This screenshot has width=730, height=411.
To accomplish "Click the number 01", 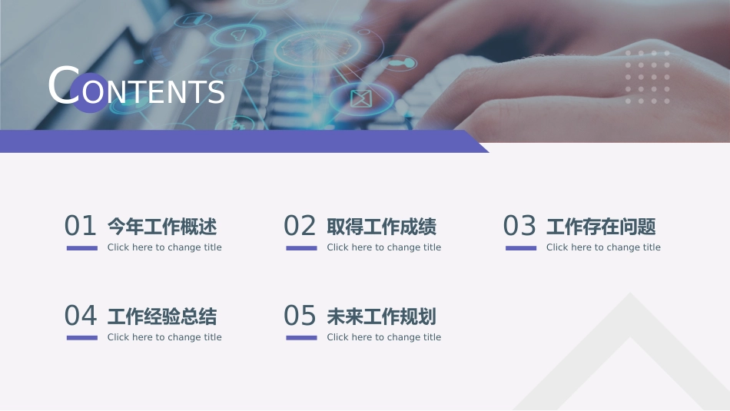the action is (x=80, y=226).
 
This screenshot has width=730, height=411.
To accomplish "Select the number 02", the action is (x=300, y=226).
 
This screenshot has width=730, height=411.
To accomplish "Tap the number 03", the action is (x=519, y=226).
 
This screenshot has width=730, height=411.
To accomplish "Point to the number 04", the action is (x=81, y=316).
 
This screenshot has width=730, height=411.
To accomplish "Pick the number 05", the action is (x=300, y=316).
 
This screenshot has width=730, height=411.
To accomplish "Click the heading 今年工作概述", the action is (x=162, y=227).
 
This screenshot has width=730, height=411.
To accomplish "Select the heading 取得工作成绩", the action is (x=382, y=227).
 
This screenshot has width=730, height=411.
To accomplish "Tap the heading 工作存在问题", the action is (x=601, y=227).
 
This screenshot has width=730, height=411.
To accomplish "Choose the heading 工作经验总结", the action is (x=162, y=317).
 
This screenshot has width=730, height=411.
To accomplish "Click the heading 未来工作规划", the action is (x=382, y=317).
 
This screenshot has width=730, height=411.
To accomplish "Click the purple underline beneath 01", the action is (x=82, y=248).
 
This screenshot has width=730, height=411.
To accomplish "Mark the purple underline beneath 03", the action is (x=521, y=248).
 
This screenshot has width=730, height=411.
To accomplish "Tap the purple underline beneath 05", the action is (x=302, y=338).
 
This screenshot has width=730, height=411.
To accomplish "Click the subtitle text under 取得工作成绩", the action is (x=383, y=247).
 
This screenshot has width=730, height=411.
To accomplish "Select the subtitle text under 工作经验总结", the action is (x=164, y=337).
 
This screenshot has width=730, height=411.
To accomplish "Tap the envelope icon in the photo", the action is (x=361, y=98).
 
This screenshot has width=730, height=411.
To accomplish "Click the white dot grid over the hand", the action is (x=647, y=77).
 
